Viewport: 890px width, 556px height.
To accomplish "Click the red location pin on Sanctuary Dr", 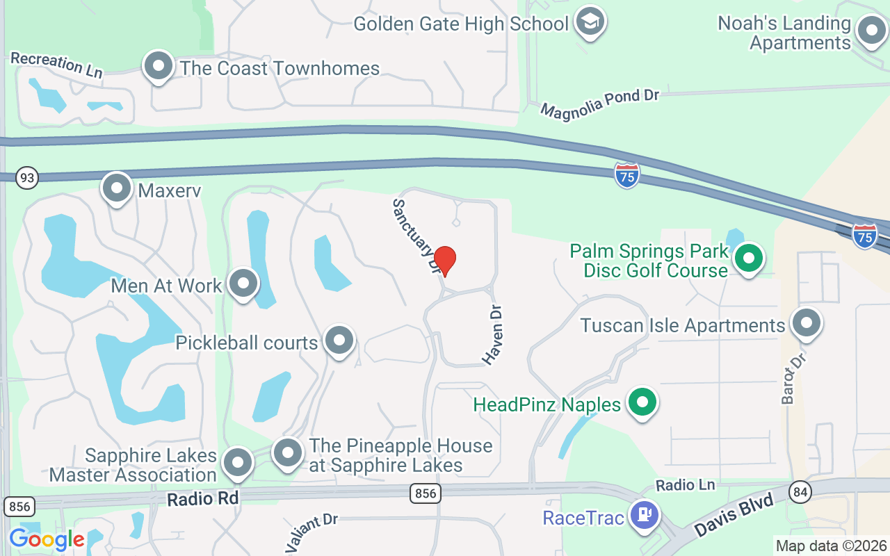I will [x=445, y=261].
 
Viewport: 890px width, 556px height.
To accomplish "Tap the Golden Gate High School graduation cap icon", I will [x=590, y=22].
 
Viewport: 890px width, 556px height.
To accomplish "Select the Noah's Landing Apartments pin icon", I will [x=871, y=31].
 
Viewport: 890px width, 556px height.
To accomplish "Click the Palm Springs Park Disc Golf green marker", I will [x=748, y=259].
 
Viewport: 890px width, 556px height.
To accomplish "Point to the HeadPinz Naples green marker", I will [x=642, y=403].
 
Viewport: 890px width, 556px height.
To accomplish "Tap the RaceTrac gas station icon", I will [x=644, y=516].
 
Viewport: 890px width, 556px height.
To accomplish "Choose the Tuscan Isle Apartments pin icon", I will [x=807, y=323].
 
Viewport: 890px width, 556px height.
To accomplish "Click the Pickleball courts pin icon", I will [x=339, y=341].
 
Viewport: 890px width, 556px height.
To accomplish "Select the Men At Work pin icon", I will [x=243, y=284].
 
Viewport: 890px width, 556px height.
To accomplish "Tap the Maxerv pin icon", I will [x=117, y=188].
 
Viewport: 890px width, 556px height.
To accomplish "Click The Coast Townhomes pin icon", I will [x=158, y=67].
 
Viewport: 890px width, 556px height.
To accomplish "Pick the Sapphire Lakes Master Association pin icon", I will [x=238, y=462].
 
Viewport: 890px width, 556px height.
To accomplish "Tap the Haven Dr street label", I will [x=493, y=334].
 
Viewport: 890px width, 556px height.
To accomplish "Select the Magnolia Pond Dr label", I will [x=599, y=103].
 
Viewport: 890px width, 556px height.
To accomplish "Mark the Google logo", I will [x=47, y=539].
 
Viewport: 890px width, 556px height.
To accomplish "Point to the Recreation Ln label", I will [x=56, y=64].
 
